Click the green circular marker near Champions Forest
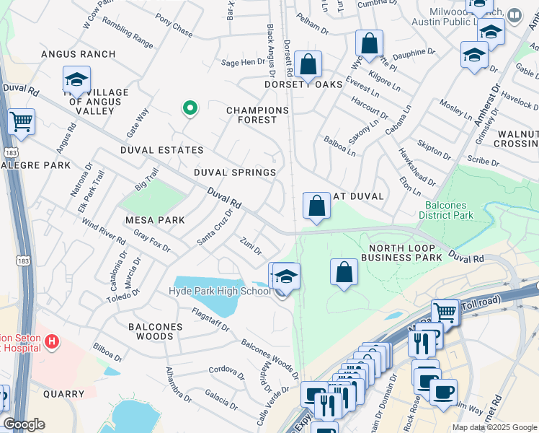coord(190,108)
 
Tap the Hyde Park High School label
coord(219,291)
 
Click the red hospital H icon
coord(52,340)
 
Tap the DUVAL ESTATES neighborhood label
coord(162,150)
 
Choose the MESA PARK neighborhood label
coord(155,219)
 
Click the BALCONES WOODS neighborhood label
coord(155,331)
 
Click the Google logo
coord(24,424)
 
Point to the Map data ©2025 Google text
coord(495,427)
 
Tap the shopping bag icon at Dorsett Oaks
coord(308,64)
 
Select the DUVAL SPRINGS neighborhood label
coord(235,172)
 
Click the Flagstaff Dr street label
coord(210,320)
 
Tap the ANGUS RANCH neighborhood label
coord(79,54)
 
